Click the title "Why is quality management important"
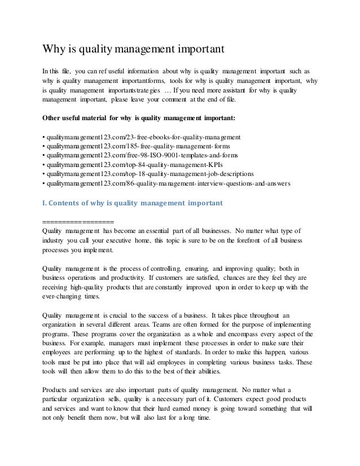tap(134, 50)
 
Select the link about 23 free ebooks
tap(143, 137)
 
